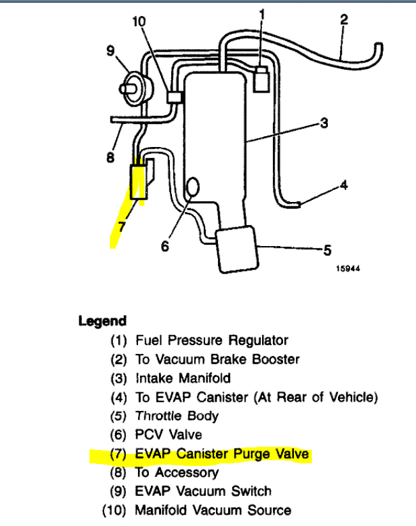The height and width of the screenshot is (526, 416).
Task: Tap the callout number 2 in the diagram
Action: coord(344,19)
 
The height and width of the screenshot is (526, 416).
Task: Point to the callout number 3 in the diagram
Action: coord(324,123)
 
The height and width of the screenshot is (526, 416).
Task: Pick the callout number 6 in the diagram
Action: coord(165,245)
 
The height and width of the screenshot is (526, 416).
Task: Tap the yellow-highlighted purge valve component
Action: coord(138,182)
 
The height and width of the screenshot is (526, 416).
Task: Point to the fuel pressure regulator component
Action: coord(261,77)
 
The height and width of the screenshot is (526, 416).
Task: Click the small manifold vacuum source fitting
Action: coord(174,97)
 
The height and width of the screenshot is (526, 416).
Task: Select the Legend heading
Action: coord(102,321)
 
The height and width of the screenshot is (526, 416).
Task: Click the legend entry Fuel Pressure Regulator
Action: coord(212,341)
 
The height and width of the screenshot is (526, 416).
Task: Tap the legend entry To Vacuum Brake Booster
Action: coord(217,360)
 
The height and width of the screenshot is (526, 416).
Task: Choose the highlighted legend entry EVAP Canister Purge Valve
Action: coord(222,454)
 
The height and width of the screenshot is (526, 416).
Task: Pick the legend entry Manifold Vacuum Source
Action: coord(213,510)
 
